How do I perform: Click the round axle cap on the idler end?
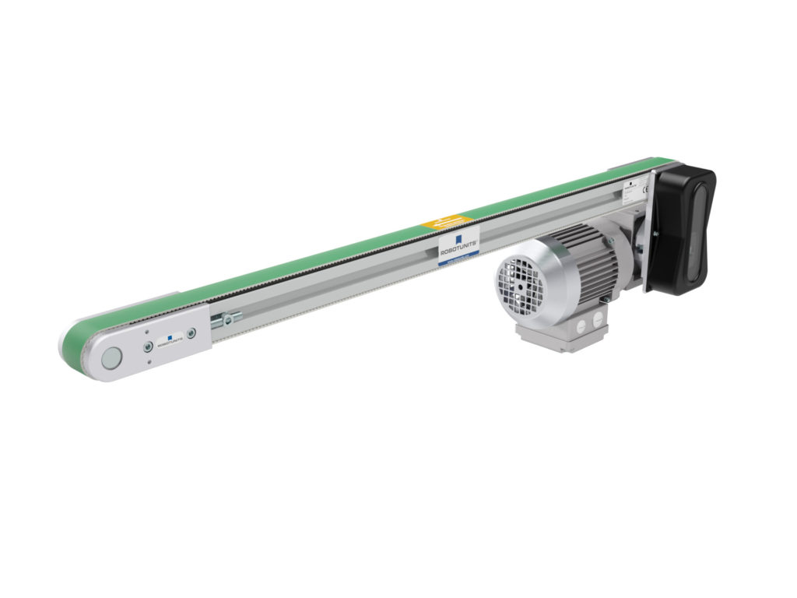(x=112, y=359)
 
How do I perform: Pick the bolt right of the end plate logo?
(x=191, y=332)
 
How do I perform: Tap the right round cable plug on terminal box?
(x=597, y=318)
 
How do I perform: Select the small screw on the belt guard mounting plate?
(x=655, y=233)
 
